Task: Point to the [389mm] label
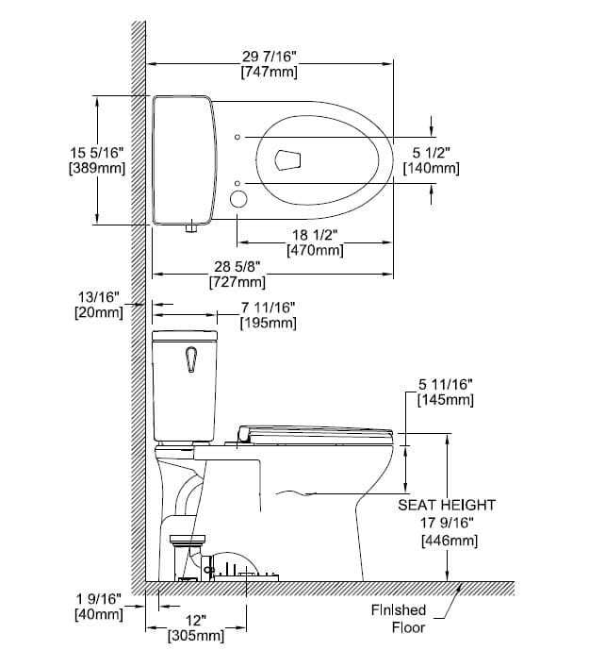(97, 168)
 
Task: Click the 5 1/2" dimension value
(431, 153)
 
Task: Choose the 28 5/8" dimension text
(236, 267)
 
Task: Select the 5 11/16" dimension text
(445, 385)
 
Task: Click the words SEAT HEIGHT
(447, 506)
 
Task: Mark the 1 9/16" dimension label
(97, 600)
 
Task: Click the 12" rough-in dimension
(195, 621)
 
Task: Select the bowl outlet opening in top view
(289, 160)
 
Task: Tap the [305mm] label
(195, 636)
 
